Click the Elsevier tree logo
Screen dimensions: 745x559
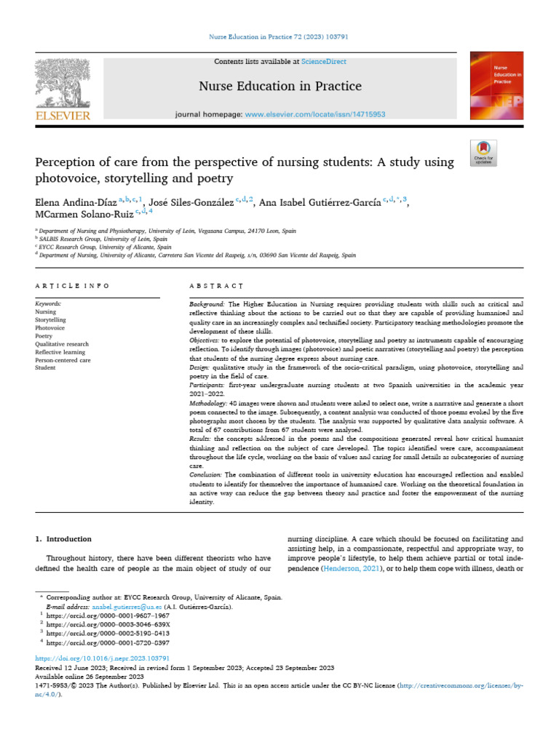click(x=62, y=84)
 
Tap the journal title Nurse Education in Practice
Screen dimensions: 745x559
click(x=280, y=87)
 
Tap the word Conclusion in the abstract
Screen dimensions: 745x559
click(x=207, y=474)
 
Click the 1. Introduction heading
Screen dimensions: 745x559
click(x=64, y=539)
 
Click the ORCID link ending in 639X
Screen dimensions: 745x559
click(x=108, y=624)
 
